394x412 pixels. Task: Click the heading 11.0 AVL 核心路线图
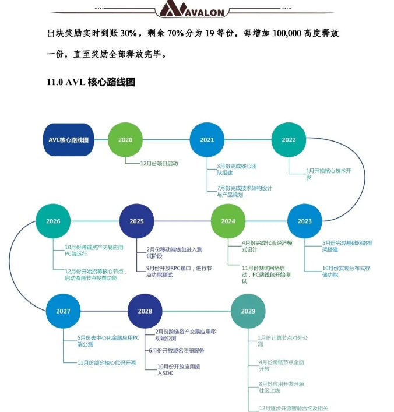tap(91, 82)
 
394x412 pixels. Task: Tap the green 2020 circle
tap(125, 140)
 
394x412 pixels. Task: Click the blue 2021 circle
tap(207, 140)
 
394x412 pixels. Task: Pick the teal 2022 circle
tap(289, 140)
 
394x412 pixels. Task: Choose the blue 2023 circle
tap(304, 221)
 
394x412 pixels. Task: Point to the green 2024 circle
tap(228, 221)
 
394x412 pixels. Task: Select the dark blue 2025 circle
tap(137, 221)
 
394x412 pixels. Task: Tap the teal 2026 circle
tap(53, 221)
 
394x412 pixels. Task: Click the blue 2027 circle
tap(63, 311)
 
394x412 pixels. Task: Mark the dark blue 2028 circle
tap(145, 311)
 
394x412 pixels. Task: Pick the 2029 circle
tap(248, 311)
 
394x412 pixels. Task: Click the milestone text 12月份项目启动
tap(159, 164)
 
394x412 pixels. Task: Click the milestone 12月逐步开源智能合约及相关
tap(297, 408)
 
